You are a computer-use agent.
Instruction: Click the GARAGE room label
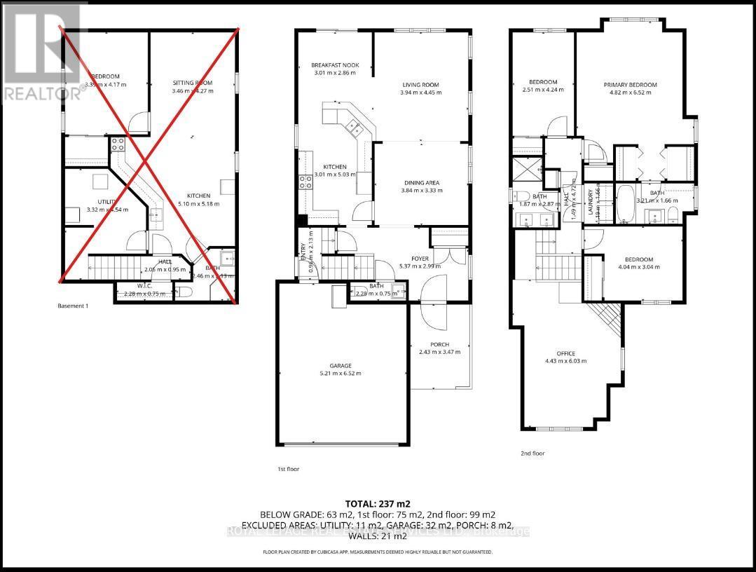pyautogui.click(x=341, y=365)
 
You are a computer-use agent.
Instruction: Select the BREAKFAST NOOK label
pyautogui.click(x=335, y=65)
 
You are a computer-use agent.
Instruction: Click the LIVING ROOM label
pyautogui.click(x=420, y=85)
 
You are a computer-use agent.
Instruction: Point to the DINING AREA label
pyautogui.click(x=420, y=183)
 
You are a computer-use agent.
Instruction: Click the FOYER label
pyautogui.click(x=420, y=259)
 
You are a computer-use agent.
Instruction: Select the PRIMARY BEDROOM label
pyautogui.click(x=631, y=85)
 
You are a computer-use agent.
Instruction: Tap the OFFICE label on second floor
pyautogui.click(x=565, y=353)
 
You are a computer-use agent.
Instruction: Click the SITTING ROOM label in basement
pyautogui.click(x=192, y=83)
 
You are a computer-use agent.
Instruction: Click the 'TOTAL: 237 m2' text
pyautogui.click(x=378, y=503)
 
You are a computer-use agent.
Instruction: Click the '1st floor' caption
pyautogui.click(x=288, y=469)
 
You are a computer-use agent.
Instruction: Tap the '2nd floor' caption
pyautogui.click(x=533, y=454)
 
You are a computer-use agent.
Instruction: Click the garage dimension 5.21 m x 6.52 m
pyautogui.click(x=341, y=374)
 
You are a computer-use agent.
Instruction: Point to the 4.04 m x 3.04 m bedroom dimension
pyautogui.click(x=640, y=267)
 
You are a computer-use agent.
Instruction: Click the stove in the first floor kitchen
pyautogui.click(x=306, y=182)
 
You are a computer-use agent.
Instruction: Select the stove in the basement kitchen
pyautogui.click(x=116, y=144)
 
